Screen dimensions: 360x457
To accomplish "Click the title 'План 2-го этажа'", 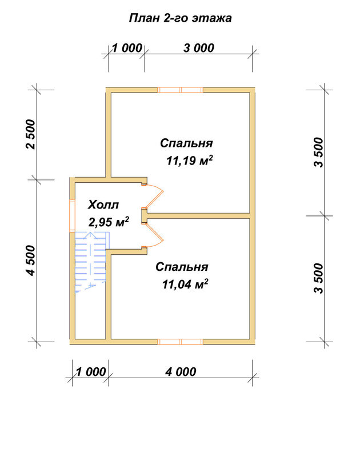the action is click(180, 18).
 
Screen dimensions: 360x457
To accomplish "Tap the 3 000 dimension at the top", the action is click(199, 48).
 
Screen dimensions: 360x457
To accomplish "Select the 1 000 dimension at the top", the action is click(127, 48).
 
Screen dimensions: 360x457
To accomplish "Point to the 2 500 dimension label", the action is click(30, 134).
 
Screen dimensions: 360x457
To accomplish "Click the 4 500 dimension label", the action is click(30, 260).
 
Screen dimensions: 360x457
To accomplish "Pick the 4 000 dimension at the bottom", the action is click(181, 372).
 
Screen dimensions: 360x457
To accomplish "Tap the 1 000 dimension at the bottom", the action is click(91, 372).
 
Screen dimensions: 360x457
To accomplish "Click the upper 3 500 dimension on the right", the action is click(319, 153).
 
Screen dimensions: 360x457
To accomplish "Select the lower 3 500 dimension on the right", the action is click(319, 278).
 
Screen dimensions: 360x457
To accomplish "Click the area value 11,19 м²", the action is click(190, 161).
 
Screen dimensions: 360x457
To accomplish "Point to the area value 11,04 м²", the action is click(185, 284).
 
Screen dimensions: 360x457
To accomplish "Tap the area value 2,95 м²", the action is click(109, 222).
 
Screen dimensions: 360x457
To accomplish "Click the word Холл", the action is click(103, 205).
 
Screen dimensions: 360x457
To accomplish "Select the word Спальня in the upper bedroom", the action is click(186, 143).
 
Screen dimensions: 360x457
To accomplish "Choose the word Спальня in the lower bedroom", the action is click(182, 267).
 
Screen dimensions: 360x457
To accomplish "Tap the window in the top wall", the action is click(181, 90).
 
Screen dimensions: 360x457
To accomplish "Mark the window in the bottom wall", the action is click(181, 342).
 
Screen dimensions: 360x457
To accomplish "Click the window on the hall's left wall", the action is click(73, 215).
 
